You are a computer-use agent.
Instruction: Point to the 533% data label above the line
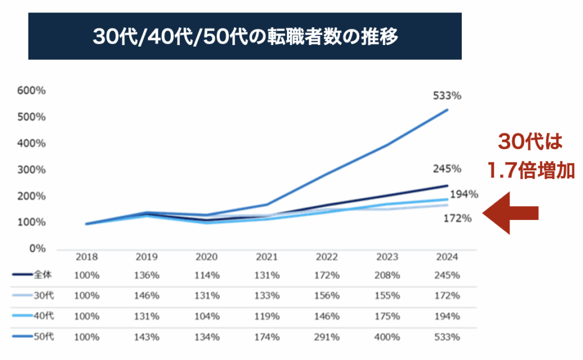point(447,96)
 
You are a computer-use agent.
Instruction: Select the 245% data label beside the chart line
point(447,169)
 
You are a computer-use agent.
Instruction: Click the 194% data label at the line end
point(463,195)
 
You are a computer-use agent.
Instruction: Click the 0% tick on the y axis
point(38,249)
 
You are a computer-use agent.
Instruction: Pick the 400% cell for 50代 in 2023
point(387,337)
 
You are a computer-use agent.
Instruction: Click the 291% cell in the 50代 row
point(327,337)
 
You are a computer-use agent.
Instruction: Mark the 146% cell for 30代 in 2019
point(146,296)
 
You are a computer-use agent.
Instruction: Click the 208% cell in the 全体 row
point(387,275)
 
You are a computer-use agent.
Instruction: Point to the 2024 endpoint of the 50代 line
point(447,110)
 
